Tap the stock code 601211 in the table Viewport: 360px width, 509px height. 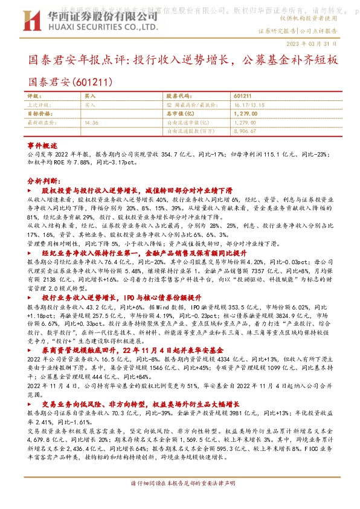point(242,96)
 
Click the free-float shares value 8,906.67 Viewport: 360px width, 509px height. point(245,130)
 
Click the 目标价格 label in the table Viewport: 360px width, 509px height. point(40,113)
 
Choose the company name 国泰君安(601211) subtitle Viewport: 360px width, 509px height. point(70,79)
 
